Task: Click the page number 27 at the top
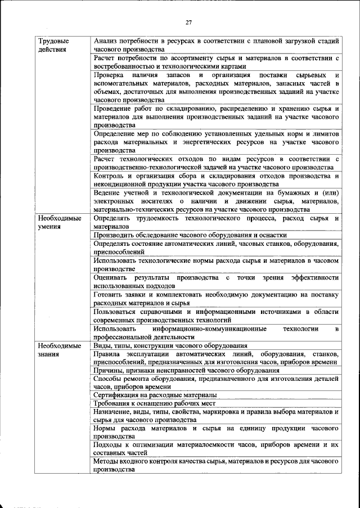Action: click(188, 22)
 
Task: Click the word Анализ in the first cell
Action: click(106, 41)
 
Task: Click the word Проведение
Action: click(115, 107)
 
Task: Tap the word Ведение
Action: click(108, 193)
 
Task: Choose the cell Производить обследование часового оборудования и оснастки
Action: click(190, 235)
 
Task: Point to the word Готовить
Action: click(109, 294)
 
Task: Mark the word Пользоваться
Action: click(118, 311)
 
